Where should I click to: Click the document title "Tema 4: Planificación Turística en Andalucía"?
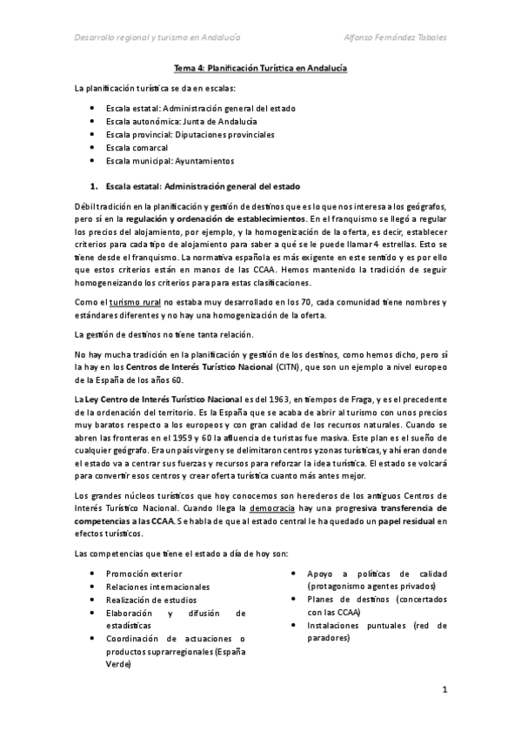[x=259, y=69]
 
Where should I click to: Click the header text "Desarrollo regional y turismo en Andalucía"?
[x=157, y=37]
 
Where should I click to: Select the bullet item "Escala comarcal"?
[x=137, y=148]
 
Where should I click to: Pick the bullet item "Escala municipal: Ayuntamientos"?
[x=158, y=161]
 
